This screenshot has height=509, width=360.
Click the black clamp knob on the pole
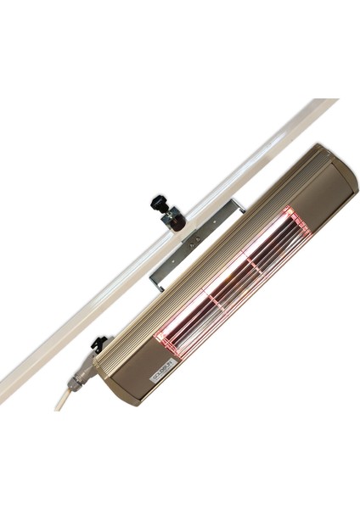point(157,204)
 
